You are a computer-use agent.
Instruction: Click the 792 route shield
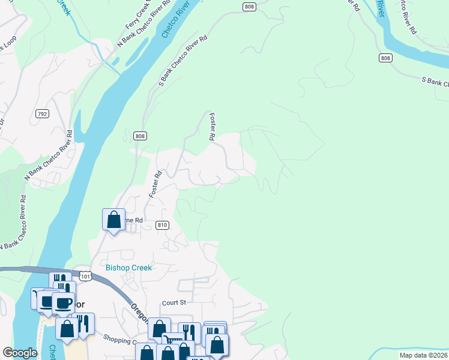click(42, 113)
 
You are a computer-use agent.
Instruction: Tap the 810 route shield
click(161, 225)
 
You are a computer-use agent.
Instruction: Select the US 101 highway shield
click(85, 277)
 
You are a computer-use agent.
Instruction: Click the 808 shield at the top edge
click(250, 6)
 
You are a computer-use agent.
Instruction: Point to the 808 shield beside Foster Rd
click(140, 136)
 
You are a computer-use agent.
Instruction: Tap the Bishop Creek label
click(128, 268)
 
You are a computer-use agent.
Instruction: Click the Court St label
click(174, 303)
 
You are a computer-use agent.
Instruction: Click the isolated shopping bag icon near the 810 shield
click(113, 220)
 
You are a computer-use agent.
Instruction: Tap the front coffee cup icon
click(64, 303)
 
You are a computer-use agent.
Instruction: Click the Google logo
click(20, 353)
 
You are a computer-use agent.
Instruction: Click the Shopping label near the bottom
click(119, 340)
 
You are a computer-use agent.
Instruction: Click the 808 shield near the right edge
click(386, 58)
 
